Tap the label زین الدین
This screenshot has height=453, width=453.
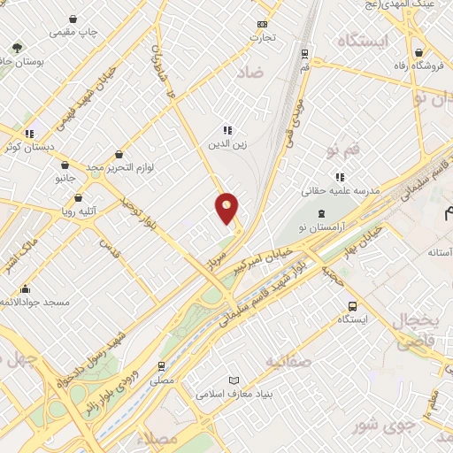[x=226, y=143]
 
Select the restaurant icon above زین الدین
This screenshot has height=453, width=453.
[x=226, y=129]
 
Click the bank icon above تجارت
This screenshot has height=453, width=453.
[x=262, y=24]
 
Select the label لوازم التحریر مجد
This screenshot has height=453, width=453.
[x=121, y=166]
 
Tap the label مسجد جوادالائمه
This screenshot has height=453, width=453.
[x=34, y=302]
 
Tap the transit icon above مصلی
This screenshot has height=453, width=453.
[x=160, y=365]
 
